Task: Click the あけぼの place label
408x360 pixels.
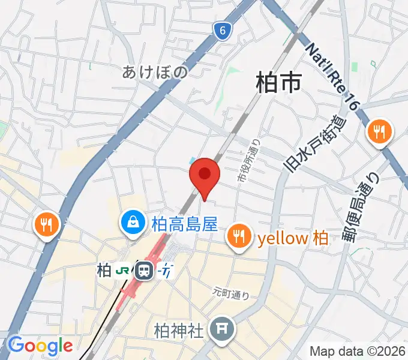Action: pyautogui.click(x=155, y=73)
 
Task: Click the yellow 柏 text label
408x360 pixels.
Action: pyautogui.click(x=293, y=238)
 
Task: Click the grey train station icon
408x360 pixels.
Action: pyautogui.click(x=143, y=271)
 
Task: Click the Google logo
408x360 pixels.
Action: pyautogui.click(x=40, y=346)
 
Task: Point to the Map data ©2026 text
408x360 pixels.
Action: pyautogui.click(x=358, y=351)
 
